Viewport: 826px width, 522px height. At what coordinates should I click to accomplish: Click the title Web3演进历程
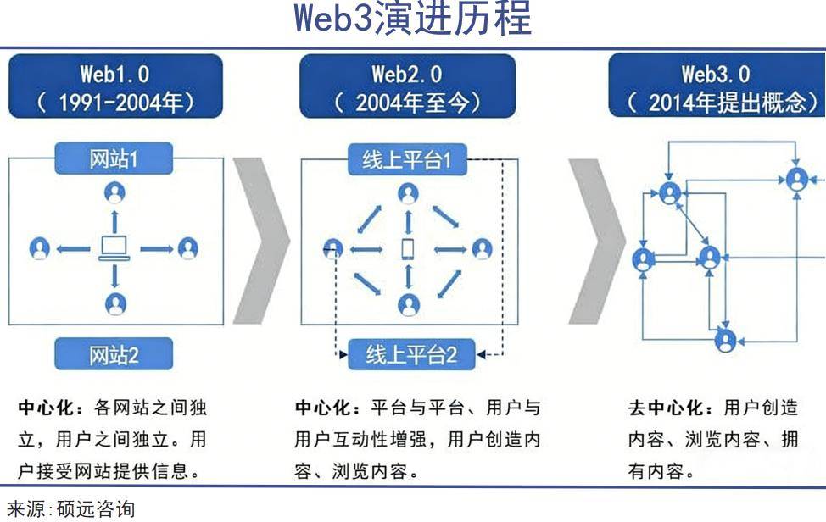click(413, 19)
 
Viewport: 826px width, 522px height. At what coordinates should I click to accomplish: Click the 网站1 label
click(114, 158)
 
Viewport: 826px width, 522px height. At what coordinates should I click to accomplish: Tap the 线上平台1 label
click(407, 160)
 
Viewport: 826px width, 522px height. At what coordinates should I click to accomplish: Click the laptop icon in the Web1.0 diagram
click(114, 248)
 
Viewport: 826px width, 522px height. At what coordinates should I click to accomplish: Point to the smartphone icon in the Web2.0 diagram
click(408, 248)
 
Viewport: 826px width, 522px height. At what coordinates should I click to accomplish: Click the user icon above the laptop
click(114, 194)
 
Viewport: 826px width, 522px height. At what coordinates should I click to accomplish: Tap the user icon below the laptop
click(114, 302)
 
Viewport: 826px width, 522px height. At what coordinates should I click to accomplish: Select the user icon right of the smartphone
click(482, 248)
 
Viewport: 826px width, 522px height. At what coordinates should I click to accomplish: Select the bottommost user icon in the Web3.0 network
click(725, 341)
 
